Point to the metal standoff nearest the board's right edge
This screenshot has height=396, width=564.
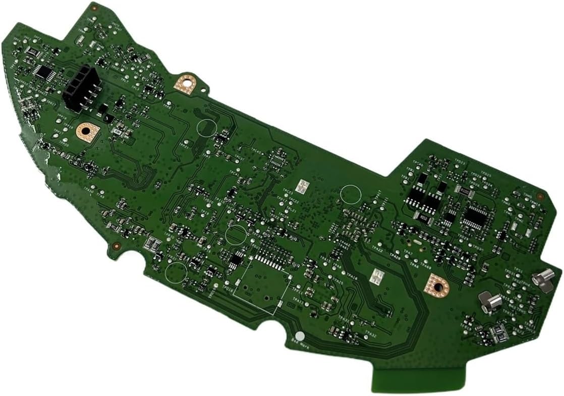click(544, 278)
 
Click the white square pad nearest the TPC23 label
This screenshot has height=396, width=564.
click(302, 186)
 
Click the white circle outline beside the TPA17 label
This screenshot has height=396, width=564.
click(351, 195)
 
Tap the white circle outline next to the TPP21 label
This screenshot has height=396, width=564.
click(206, 128)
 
